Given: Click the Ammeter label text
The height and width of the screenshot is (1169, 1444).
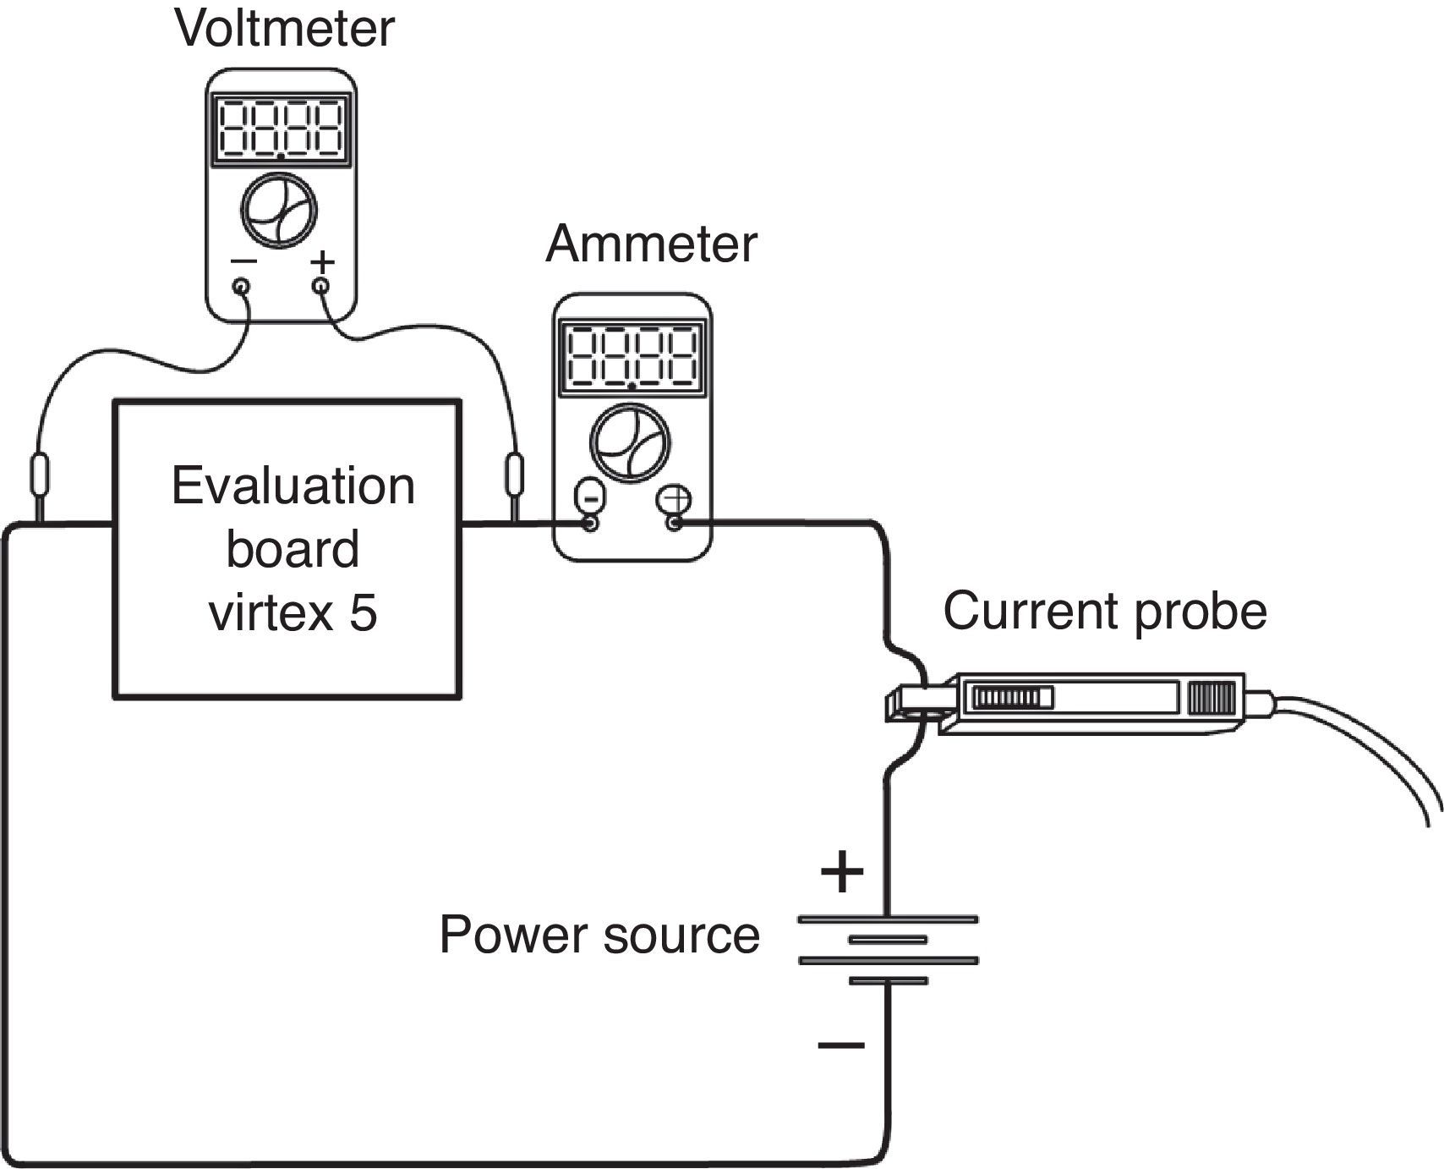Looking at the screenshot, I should tap(651, 244).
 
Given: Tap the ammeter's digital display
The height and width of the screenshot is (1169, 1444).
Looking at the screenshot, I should tap(632, 356).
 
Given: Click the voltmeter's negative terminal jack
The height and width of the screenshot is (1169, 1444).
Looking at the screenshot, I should tap(242, 286).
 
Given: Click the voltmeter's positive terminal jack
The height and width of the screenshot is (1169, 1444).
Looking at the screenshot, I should tap(321, 286).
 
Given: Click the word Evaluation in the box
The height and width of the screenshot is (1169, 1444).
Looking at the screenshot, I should tap(293, 486).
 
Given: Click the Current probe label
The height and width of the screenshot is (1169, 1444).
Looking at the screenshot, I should tap(1104, 611).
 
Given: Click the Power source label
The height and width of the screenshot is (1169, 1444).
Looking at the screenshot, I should tap(599, 935).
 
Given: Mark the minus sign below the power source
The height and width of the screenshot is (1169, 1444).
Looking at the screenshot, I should tap(841, 1046).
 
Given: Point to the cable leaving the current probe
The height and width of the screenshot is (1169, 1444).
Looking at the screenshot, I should tap(1370, 744).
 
